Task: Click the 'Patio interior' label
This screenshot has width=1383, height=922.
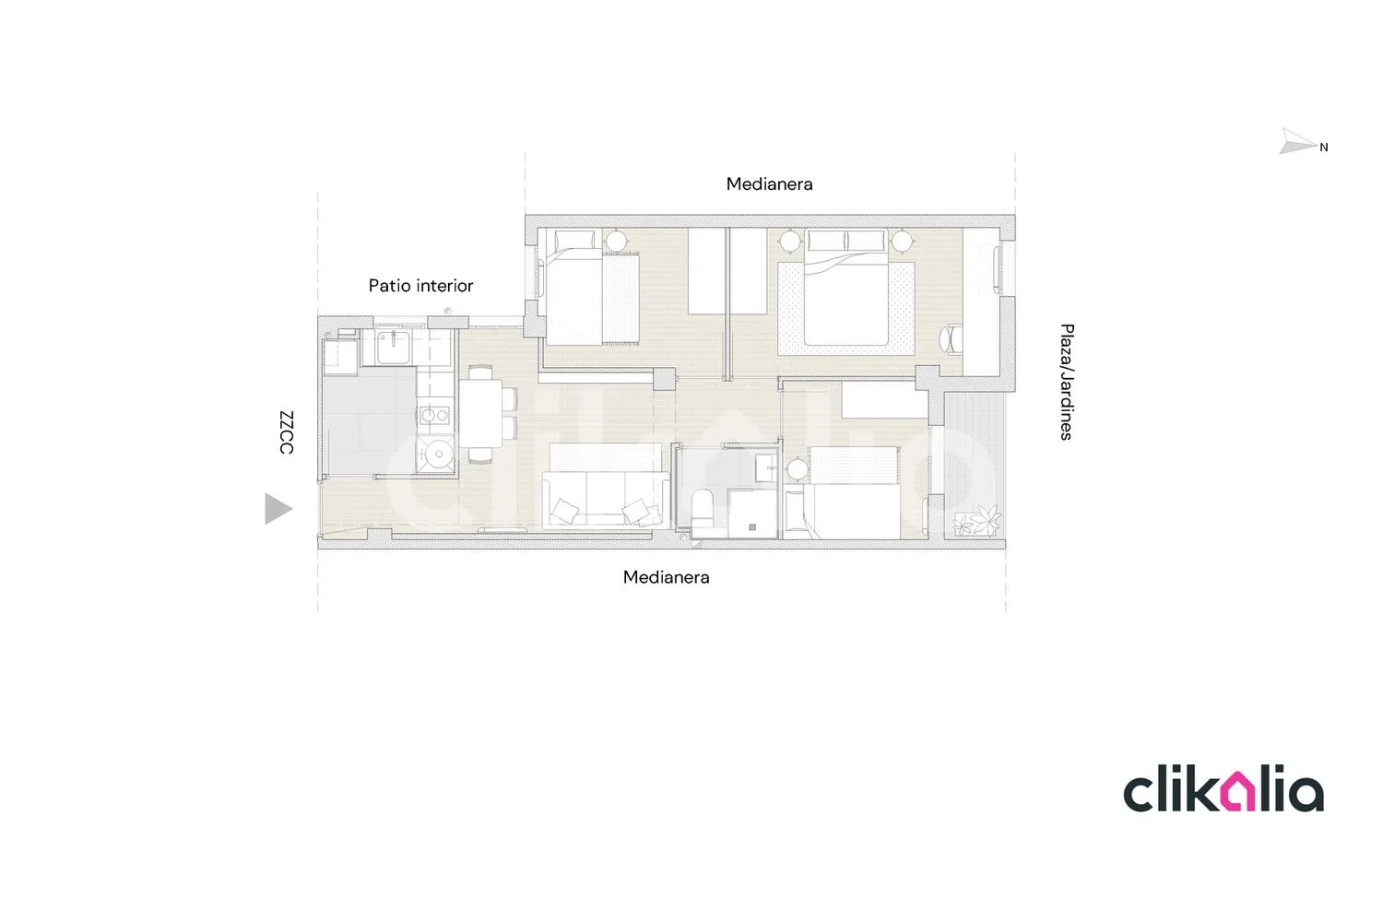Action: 420,285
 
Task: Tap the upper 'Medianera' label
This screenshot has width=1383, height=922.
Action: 769,184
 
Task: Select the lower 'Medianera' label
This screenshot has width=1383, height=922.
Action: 667,577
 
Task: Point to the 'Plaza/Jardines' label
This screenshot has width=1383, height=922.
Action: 1066,382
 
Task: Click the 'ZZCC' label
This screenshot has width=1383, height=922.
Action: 287,432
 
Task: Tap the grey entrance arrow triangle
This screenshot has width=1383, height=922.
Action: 278,509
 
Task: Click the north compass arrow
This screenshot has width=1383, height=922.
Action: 1298,141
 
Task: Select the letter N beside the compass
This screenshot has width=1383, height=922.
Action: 1324,148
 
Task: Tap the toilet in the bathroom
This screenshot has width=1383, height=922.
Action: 702,510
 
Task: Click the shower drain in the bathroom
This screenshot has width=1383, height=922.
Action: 752,526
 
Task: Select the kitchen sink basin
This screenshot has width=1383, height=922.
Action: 393,347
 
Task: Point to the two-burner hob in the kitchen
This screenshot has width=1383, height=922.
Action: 435,416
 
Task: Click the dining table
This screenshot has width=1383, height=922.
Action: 480,413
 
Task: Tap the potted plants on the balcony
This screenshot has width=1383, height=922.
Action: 977,520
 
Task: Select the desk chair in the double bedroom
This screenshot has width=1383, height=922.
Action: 951,339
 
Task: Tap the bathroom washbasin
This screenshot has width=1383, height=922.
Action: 766,467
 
